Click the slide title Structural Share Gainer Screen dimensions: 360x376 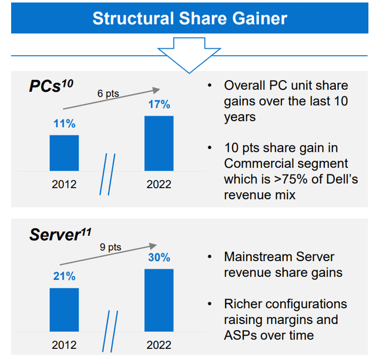point(189,18)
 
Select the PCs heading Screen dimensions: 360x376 point(51,86)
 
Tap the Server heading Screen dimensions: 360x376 point(59,235)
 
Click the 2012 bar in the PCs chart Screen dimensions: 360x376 point(64,153)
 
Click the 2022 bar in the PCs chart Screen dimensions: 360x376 point(159,143)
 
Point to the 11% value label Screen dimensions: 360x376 point(64,125)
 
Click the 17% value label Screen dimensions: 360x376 point(159,105)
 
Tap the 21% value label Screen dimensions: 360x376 point(64,277)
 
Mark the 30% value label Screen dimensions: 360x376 point(159,258)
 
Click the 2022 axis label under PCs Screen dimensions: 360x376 point(159,184)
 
